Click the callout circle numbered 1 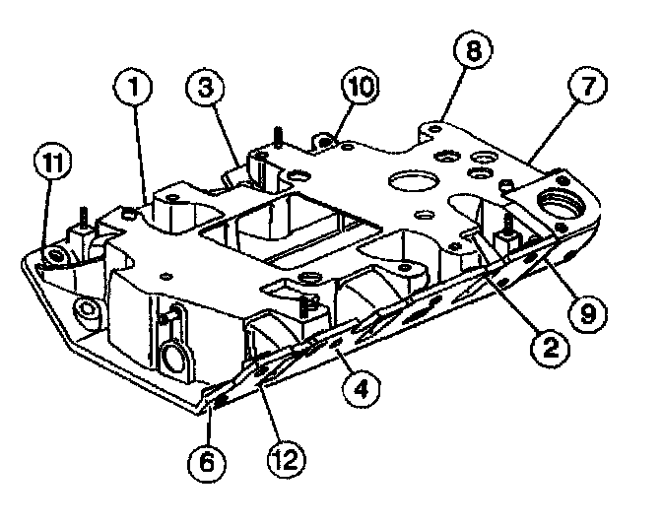coord(136,89)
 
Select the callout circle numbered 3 coord(206,89)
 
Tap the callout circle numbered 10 coord(357,87)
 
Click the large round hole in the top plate coord(409,181)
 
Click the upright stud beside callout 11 coord(86,219)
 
